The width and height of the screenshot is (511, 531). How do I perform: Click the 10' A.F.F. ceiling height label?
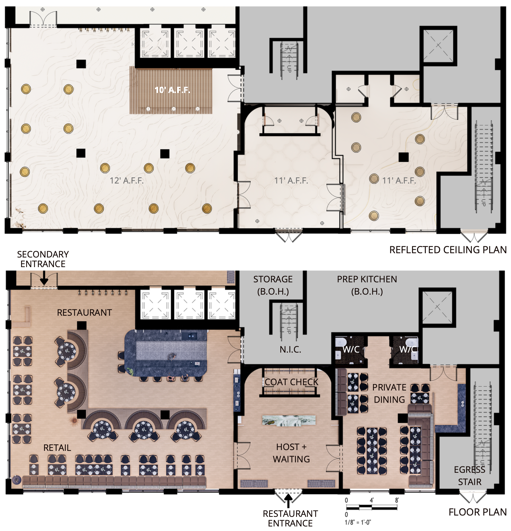(x=172, y=90)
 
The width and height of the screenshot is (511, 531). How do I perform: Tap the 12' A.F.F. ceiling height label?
(x=127, y=181)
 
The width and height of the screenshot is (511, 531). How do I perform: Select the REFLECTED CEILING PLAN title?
(x=448, y=250)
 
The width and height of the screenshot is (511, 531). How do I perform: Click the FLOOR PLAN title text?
(x=477, y=512)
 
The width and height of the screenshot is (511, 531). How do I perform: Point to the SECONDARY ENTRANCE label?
(x=43, y=259)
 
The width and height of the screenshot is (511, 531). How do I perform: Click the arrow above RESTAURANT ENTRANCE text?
(x=288, y=501)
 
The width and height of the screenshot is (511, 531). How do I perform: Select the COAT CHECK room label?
(x=291, y=382)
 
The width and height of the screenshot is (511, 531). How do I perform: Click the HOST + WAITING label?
(x=291, y=453)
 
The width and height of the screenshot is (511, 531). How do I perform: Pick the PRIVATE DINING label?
(x=389, y=393)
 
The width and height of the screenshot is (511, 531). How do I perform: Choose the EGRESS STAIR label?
(x=470, y=476)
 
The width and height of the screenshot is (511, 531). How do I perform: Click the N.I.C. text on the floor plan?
(x=290, y=350)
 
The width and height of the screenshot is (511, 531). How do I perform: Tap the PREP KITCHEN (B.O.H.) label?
(x=367, y=285)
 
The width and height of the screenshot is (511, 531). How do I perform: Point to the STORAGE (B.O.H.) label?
(x=273, y=285)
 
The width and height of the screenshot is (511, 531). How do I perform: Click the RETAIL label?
(x=57, y=448)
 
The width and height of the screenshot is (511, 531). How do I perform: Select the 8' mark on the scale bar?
(x=397, y=500)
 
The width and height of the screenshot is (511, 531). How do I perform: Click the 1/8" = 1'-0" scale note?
(x=358, y=522)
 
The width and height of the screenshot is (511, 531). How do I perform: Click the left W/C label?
(x=351, y=349)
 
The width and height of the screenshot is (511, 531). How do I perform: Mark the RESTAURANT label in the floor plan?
(x=84, y=313)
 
